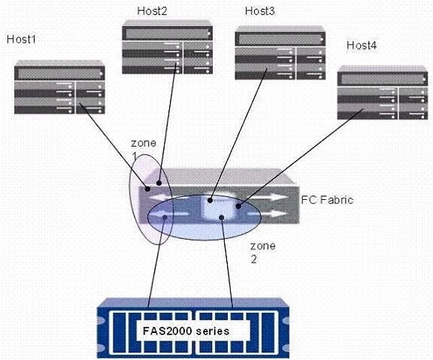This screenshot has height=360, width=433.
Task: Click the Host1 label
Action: [x=21, y=39]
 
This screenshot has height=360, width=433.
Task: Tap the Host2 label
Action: [x=152, y=11]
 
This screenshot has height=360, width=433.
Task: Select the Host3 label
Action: [x=260, y=11]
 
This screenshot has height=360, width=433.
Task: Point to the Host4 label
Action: [x=362, y=45]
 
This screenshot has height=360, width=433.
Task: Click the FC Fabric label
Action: [x=327, y=200]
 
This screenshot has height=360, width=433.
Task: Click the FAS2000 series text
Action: [x=186, y=331]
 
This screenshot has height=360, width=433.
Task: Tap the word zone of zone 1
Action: [x=144, y=143]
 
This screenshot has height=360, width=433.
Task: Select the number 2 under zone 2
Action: [x=253, y=259]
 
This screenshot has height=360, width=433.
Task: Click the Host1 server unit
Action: [x=59, y=87]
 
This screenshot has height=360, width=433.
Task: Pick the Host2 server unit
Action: [x=168, y=47]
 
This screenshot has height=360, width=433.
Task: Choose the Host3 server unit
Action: [x=280, y=53]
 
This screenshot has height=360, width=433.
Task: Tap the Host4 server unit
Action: [x=383, y=92]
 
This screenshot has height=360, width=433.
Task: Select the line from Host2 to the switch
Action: [x=168, y=123]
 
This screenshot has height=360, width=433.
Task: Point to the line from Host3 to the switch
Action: [x=238, y=135]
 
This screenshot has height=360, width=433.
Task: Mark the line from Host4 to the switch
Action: [x=301, y=157]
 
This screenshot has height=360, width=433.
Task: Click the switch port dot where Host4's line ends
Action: [x=238, y=206]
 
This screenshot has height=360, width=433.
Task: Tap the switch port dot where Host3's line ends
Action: [x=210, y=201]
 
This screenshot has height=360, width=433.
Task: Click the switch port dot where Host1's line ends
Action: [x=148, y=189]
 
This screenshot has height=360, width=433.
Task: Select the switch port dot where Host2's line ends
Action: [x=159, y=183]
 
